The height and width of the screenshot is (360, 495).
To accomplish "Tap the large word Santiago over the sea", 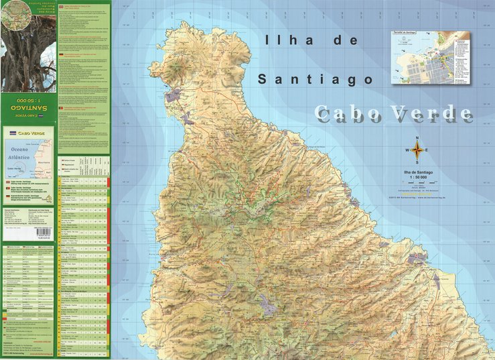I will (x=315, y=79).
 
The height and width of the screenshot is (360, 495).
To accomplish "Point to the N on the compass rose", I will (x=417, y=139).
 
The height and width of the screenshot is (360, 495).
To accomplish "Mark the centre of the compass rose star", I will (x=417, y=150).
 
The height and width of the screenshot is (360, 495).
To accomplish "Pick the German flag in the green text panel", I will (x=62, y=56).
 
